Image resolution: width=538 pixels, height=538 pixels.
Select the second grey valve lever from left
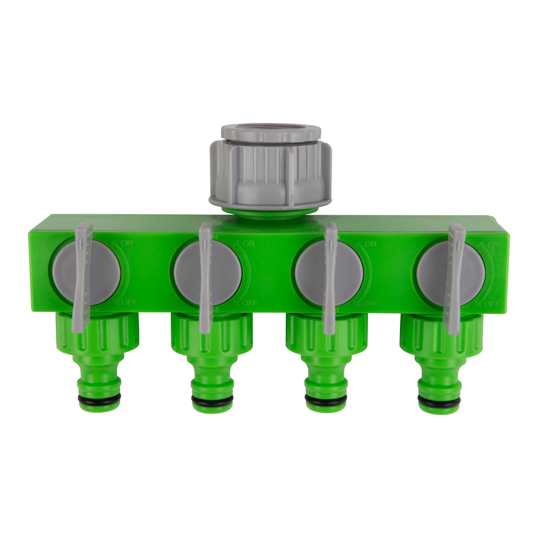(x=205, y=278)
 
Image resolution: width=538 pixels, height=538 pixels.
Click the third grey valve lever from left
(x=330, y=278)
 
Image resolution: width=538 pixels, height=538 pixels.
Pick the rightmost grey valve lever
(x=454, y=278)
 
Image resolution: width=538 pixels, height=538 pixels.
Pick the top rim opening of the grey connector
(x=271, y=130)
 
